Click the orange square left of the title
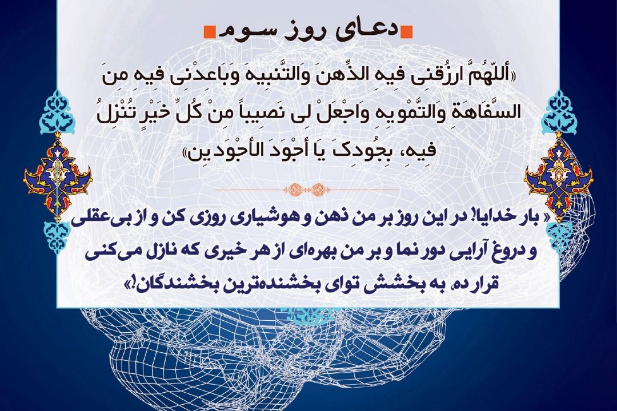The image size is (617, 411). (209, 33)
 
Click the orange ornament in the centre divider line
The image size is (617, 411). (307, 190)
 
